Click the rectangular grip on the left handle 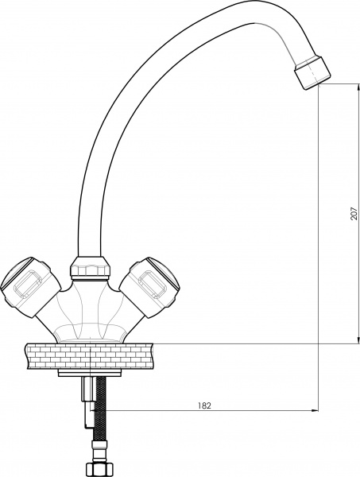[x=29, y=281]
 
